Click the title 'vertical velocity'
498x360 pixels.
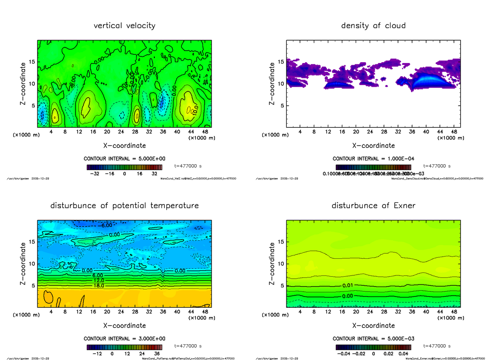point(124,26)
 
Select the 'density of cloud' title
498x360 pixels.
point(373,26)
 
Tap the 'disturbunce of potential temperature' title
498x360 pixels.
point(124,206)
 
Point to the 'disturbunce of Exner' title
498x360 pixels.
point(373,206)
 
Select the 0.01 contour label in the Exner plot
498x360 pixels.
point(348,286)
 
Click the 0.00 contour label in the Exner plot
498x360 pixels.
point(348,296)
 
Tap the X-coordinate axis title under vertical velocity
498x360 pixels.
point(124,146)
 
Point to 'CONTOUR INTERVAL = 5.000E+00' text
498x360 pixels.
point(124,159)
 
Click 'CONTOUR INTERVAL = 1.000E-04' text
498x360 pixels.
point(373,159)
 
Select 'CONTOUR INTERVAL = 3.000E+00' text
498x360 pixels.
point(124,338)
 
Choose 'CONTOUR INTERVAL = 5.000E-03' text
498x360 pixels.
point(373,338)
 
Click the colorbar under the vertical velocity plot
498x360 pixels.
point(124,167)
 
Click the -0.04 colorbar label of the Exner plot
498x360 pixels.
point(343,354)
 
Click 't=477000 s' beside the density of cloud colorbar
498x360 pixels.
point(437,166)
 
